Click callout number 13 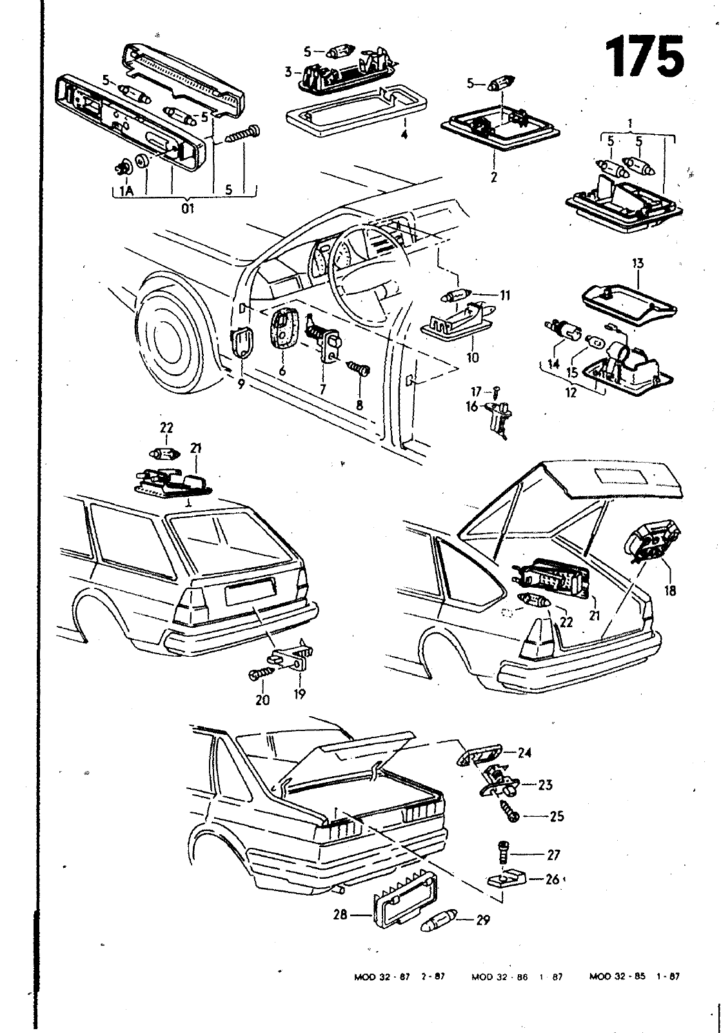pyautogui.click(x=638, y=263)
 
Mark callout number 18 pyautogui.click(x=670, y=589)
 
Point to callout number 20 pyautogui.click(x=262, y=699)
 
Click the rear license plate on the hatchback pyautogui.click(x=250, y=590)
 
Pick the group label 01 pyautogui.click(x=188, y=208)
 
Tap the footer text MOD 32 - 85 pyautogui.click(x=617, y=977)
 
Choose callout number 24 pyautogui.click(x=525, y=752)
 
